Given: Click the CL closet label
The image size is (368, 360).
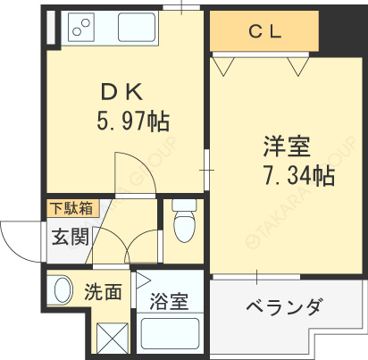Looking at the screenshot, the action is click(x=264, y=31).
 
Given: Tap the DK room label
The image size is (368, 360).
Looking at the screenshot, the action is click(x=121, y=92).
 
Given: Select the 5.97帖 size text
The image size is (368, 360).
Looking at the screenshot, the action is click(x=133, y=121).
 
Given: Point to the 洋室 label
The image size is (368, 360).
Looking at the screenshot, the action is click(x=287, y=147).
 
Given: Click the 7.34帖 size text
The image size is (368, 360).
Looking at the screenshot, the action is click(x=299, y=175).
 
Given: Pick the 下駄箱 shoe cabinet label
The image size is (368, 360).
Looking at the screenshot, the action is click(x=71, y=208).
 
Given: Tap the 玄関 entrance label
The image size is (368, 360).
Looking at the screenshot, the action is click(x=71, y=237).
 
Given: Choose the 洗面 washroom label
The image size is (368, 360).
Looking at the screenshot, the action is click(x=103, y=291).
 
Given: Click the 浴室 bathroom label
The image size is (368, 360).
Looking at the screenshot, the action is click(x=169, y=301).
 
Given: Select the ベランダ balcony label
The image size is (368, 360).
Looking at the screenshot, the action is click(x=284, y=306).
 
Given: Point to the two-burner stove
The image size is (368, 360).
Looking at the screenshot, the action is click(x=81, y=28).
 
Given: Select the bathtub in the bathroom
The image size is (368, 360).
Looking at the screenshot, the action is click(x=170, y=334).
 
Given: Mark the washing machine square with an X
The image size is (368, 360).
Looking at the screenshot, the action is click(x=113, y=339).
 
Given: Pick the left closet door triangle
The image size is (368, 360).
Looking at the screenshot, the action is click(x=223, y=66).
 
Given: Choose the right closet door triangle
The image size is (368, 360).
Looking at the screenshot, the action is click(x=298, y=66).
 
